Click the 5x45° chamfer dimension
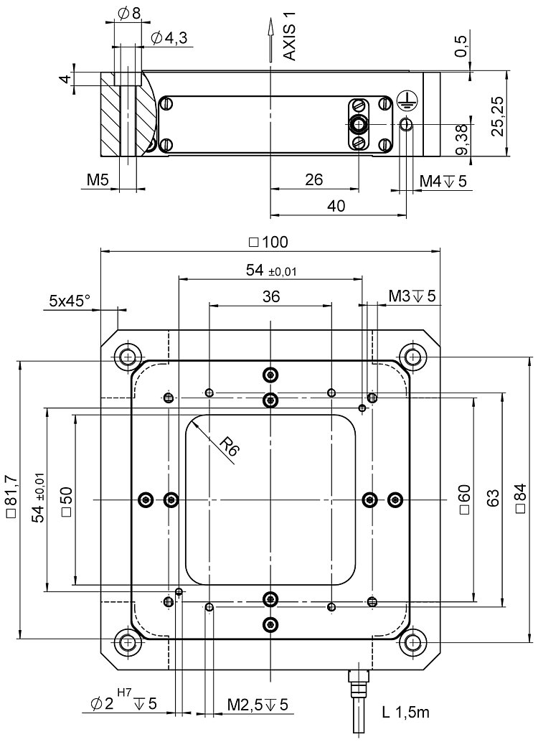pos(69,301)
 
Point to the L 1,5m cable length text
pos(405,711)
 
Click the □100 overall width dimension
pos(268,242)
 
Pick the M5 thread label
pos(98,180)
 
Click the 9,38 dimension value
pos(463,139)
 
